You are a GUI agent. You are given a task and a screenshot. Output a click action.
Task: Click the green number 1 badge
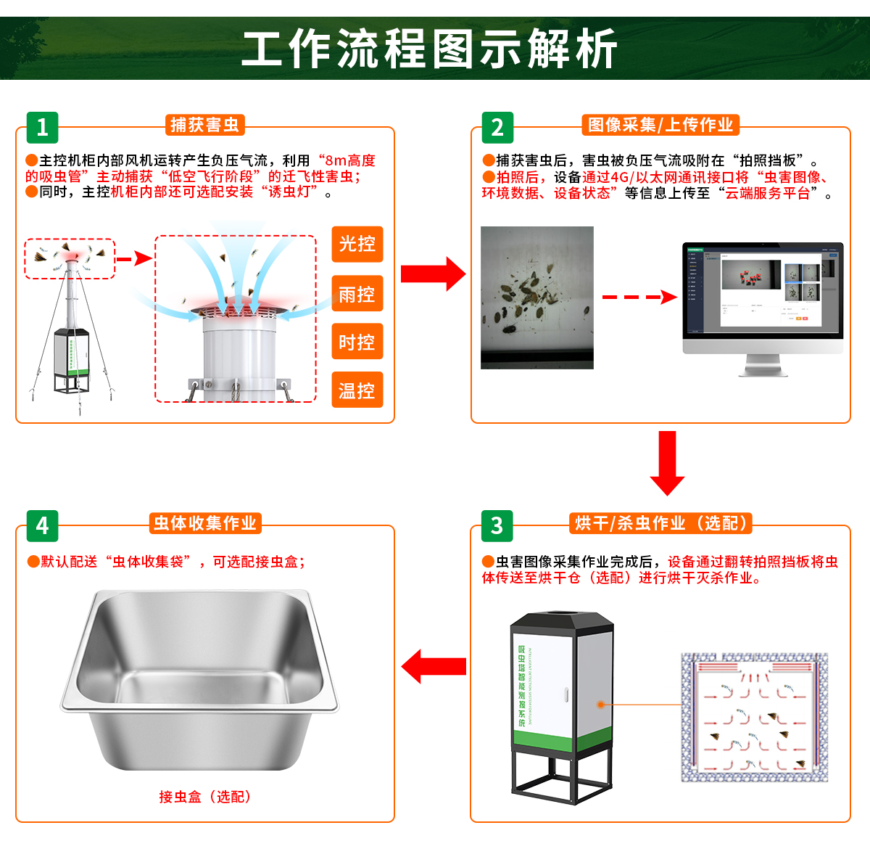(x=42, y=127)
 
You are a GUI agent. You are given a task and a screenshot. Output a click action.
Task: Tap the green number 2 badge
(x=497, y=127)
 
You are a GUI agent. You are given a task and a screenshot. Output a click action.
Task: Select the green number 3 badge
(x=497, y=525)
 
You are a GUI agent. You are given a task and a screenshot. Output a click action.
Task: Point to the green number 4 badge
(x=42, y=525)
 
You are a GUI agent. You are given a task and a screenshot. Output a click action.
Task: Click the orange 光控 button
(x=357, y=244)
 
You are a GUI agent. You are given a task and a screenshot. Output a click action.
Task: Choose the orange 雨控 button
(x=357, y=294)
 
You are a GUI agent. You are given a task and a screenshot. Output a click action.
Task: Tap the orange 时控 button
(x=357, y=342)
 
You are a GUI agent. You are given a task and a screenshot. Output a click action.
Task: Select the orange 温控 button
(x=357, y=390)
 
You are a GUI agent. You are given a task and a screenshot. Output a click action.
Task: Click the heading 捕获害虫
(x=204, y=125)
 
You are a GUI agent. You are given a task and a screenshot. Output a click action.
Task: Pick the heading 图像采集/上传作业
(x=660, y=125)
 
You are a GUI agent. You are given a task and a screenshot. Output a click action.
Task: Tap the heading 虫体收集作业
(x=205, y=523)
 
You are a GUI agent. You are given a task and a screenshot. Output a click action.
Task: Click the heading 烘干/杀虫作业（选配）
(x=660, y=523)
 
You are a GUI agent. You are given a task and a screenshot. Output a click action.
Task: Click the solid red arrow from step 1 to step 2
(x=433, y=274)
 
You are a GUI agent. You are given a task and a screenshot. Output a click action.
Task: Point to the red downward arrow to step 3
(x=667, y=462)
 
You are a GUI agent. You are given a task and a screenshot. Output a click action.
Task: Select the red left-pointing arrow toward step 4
(x=434, y=666)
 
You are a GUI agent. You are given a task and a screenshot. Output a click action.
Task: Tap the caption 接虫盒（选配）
(x=205, y=797)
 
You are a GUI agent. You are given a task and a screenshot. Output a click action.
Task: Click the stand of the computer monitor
(x=763, y=366)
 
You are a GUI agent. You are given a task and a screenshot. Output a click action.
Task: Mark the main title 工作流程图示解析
(x=429, y=49)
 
